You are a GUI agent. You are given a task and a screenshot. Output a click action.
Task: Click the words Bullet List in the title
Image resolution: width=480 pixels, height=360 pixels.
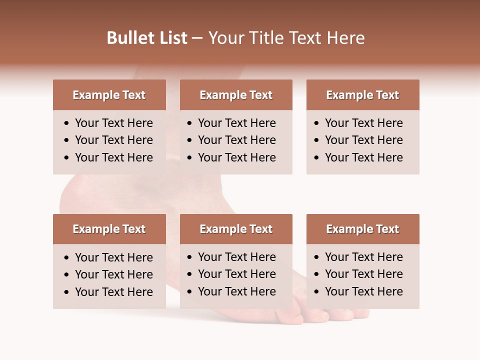tap(147, 38)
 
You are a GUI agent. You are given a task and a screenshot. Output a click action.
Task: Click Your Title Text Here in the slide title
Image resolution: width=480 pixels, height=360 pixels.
tap(286, 38)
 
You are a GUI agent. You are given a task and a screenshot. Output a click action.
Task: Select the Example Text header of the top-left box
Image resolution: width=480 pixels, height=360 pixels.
tap(109, 95)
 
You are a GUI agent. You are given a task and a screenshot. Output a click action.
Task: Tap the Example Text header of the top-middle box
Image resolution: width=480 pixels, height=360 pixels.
tap(236, 95)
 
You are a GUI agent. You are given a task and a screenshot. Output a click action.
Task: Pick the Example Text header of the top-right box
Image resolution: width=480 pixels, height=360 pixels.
tap(362, 95)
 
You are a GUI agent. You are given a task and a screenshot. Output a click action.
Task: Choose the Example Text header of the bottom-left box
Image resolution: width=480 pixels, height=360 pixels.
tap(109, 229)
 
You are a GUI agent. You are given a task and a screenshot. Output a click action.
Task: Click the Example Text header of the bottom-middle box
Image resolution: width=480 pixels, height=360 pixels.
tap(236, 229)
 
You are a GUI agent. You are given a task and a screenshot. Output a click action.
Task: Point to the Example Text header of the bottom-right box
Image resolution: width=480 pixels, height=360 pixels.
tap(362, 229)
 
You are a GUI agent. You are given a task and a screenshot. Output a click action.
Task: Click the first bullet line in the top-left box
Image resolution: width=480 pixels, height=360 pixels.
tap(113, 123)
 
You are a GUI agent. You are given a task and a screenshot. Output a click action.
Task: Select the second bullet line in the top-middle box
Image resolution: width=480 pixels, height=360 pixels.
tap(236, 140)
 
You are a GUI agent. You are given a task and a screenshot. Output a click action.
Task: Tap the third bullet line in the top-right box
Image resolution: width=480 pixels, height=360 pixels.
tap(363, 157)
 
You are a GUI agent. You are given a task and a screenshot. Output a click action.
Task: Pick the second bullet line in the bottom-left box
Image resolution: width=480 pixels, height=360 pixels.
tap(113, 274)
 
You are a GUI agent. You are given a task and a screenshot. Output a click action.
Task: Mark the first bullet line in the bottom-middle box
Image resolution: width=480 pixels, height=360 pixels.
tap(236, 257)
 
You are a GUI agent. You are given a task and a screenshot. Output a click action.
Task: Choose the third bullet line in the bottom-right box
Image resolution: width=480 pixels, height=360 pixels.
tap(363, 291)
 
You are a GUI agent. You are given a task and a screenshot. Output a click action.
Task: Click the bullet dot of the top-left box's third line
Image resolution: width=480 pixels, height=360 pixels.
tap(67, 158)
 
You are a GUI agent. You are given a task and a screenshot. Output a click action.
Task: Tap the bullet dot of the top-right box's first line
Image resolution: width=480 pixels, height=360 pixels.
tap(317, 123)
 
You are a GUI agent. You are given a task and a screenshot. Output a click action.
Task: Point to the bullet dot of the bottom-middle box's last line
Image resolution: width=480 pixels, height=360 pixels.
tap(190, 292)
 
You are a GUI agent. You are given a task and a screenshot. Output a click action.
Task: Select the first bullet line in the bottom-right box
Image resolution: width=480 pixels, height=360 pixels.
tap(363, 257)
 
